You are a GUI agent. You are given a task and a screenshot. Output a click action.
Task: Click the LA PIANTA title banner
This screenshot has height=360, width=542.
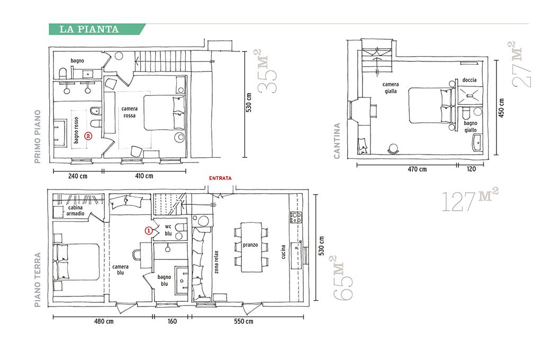point(97,30)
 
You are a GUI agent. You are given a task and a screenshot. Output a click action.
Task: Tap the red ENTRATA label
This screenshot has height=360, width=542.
point(220,178)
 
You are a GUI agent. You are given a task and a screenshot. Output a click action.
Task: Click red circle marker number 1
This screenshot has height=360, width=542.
point(148,230)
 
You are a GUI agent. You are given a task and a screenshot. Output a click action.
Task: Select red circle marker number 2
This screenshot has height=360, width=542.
point(88,136)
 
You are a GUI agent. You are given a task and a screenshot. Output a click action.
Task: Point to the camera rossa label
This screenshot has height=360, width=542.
point(129,112)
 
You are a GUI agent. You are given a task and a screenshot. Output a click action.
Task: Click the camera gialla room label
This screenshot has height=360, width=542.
point(391,88)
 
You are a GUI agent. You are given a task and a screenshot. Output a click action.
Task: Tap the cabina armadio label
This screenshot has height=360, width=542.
point(76,211)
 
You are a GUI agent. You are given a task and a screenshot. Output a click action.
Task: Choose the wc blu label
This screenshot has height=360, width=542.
point(168,230)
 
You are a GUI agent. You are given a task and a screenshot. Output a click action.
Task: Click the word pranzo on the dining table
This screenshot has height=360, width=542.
point(250,245)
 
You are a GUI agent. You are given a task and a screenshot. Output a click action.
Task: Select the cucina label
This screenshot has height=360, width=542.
point(284,252)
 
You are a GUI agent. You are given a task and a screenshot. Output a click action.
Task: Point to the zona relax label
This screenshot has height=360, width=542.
point(216,262)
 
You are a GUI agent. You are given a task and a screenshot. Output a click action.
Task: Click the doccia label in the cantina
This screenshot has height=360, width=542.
point(469,80)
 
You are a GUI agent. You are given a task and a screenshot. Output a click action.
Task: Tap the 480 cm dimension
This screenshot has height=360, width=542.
point(104,321)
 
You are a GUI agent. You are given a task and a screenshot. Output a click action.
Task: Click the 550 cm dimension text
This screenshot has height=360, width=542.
point(243,321)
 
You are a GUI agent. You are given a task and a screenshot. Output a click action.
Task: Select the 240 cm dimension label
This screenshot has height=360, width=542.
point(78,176)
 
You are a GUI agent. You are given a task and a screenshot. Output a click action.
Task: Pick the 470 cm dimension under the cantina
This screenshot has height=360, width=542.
point(417,169)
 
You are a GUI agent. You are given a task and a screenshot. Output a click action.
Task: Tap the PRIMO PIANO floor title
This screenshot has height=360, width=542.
point(38,137)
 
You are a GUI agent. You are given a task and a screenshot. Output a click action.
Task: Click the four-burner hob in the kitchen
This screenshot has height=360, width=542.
point(296,218)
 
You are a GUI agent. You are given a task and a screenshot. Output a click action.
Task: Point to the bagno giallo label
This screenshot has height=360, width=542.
point(471,127)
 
